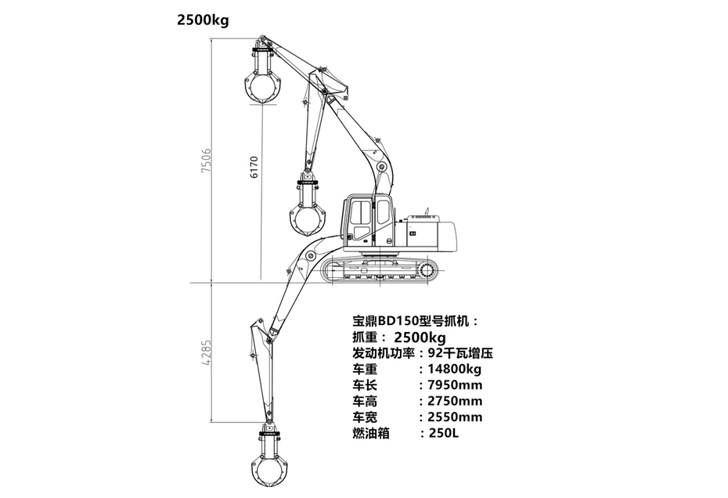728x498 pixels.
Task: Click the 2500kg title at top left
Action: click(x=203, y=20)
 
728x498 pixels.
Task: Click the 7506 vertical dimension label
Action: click(x=207, y=161)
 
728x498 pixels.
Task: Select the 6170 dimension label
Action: click(x=254, y=165)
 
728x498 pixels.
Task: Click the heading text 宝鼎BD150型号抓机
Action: click(x=415, y=320)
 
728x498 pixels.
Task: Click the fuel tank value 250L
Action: click(x=439, y=433)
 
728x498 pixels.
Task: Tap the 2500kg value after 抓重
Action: click(x=420, y=337)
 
